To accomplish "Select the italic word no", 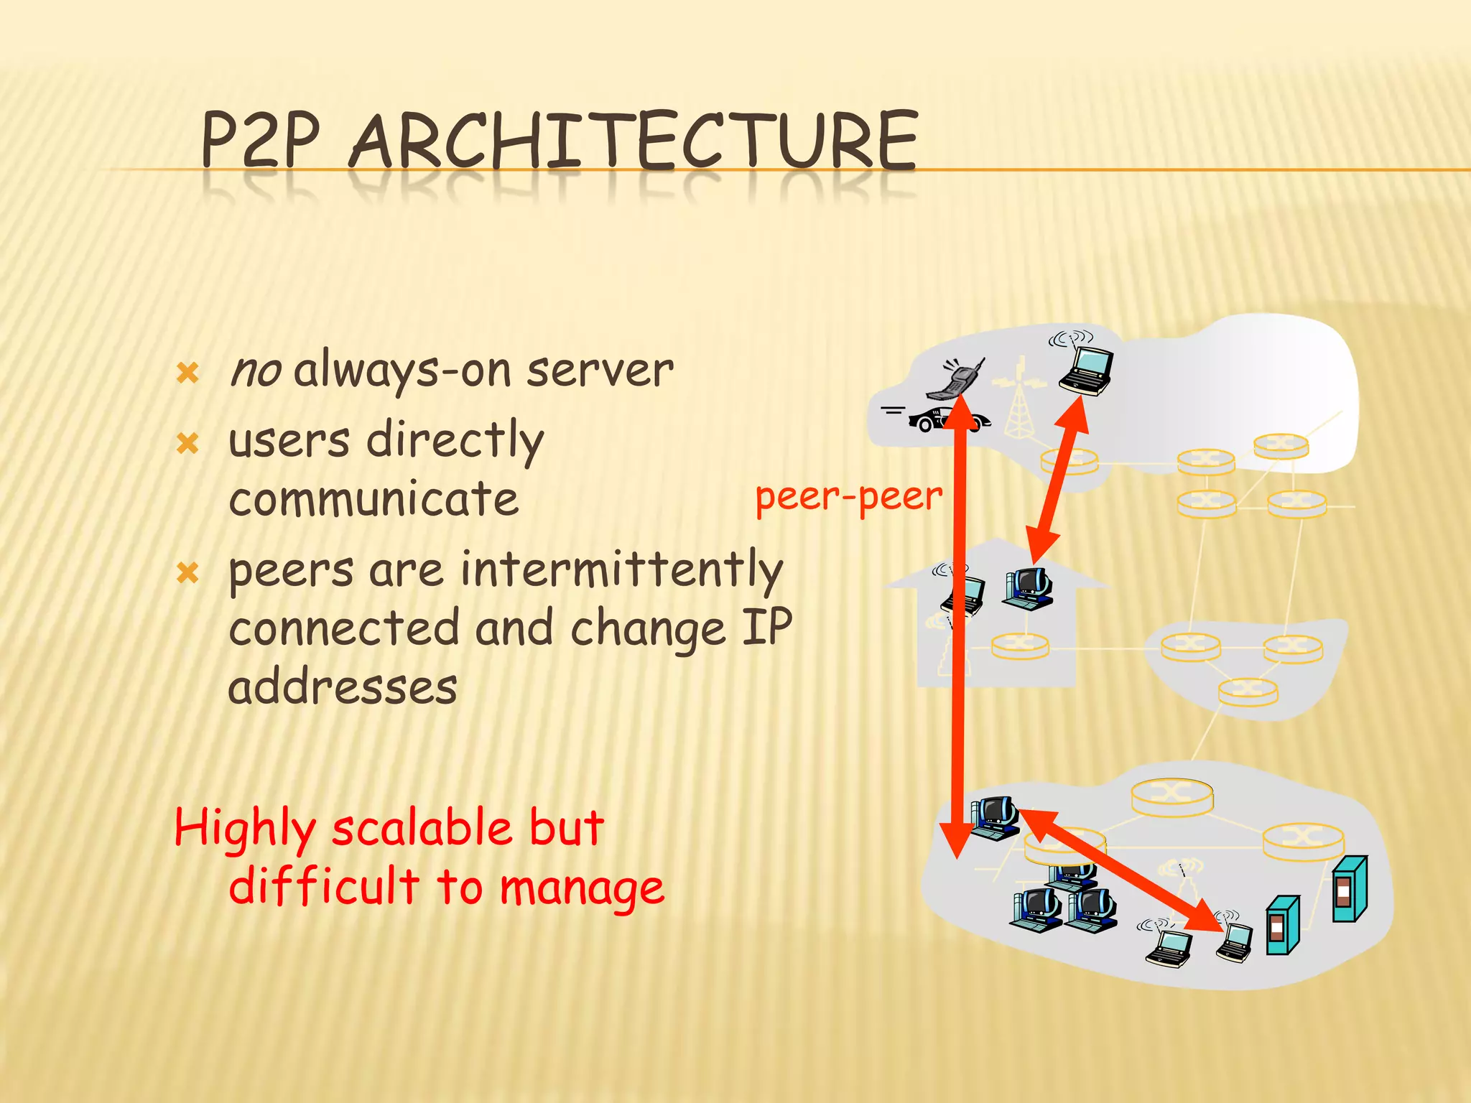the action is coord(255,371).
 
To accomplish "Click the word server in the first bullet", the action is coord(600,371).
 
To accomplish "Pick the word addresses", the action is coord(342,687).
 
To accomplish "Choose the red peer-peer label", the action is coord(848,497).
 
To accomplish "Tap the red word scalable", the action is coord(422,828).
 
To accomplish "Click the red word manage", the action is coord(582,888).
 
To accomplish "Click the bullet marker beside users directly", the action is coord(187,443).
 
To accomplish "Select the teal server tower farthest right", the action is coord(1349,889).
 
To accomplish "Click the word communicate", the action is coord(373,499).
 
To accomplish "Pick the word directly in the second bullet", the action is coord(455,439).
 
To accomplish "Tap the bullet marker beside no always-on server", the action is coord(187,373).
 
